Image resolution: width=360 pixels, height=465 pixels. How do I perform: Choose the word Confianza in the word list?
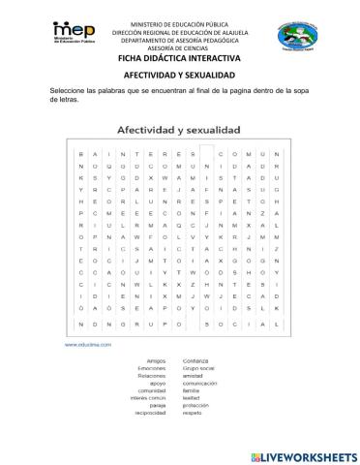(x=197, y=357)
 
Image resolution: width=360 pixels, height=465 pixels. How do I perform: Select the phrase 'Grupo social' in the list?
(x=201, y=364)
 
